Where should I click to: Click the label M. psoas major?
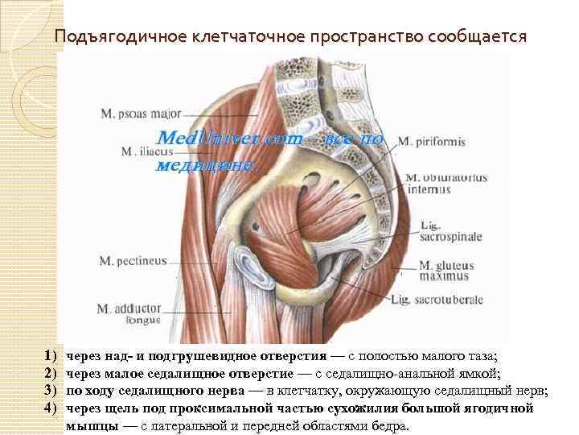click(x=138, y=114)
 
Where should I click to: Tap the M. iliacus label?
click(x=144, y=151)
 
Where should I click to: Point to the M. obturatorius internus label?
click(x=434, y=183)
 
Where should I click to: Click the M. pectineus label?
click(x=133, y=260)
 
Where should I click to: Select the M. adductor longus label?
click(x=129, y=313)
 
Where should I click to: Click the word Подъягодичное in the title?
click(x=120, y=37)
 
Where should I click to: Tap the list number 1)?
click(x=50, y=355)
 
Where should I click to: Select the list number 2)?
click(x=50, y=373)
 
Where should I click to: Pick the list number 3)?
click(x=50, y=391)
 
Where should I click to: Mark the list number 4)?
click(x=50, y=408)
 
